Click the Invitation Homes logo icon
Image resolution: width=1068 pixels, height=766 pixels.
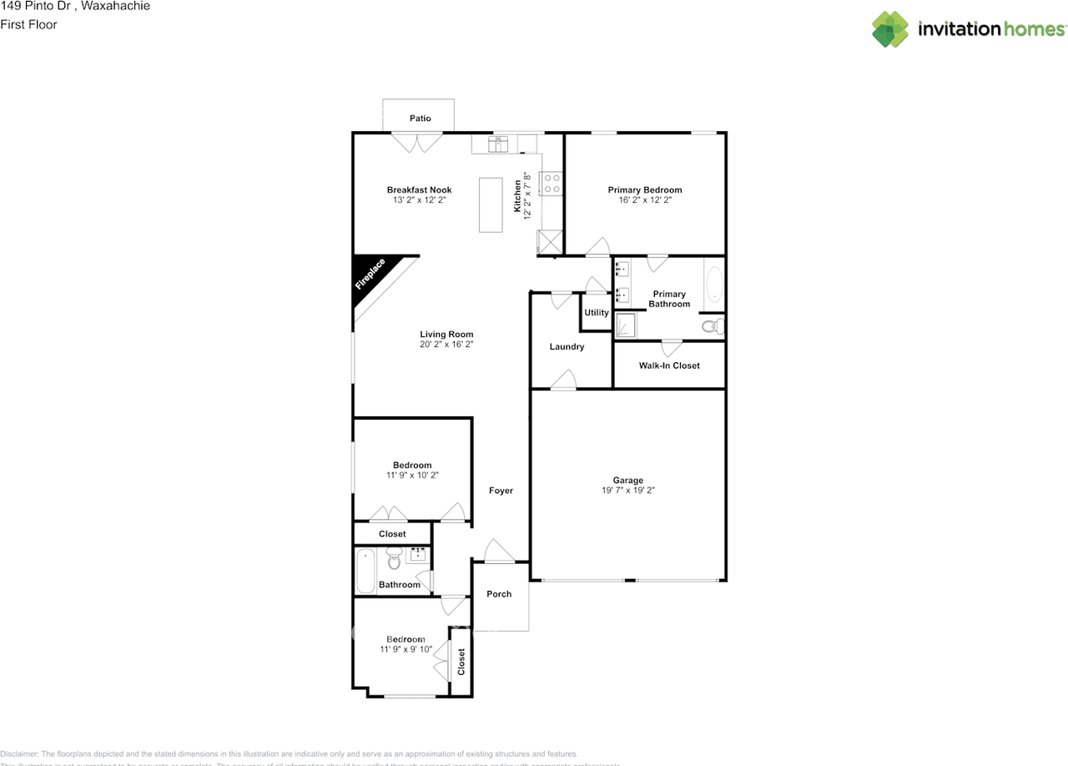(x=890, y=29)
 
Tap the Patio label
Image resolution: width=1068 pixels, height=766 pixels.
(x=420, y=118)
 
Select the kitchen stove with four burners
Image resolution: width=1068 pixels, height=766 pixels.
(x=552, y=184)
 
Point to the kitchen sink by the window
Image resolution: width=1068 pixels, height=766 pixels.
(x=498, y=145)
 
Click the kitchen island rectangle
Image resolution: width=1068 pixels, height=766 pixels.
(x=490, y=205)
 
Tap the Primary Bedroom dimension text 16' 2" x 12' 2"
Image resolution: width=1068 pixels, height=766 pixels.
(x=644, y=200)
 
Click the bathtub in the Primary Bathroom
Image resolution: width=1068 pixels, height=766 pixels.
(x=713, y=285)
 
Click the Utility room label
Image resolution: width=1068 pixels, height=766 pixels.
(x=596, y=313)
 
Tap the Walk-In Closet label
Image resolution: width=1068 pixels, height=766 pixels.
(x=669, y=365)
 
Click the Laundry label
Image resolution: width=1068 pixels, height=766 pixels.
(x=567, y=346)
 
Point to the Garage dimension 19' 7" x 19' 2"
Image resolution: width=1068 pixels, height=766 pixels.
(x=627, y=491)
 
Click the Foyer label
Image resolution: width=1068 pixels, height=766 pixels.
(x=501, y=491)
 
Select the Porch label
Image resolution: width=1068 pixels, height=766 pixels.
(x=499, y=594)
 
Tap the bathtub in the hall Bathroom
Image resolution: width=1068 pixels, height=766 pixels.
(x=365, y=571)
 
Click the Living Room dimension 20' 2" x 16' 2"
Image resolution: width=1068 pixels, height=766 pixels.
(x=446, y=344)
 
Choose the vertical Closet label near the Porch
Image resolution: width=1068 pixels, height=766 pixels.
(x=461, y=662)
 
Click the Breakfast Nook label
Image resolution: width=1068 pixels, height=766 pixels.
(x=419, y=189)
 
